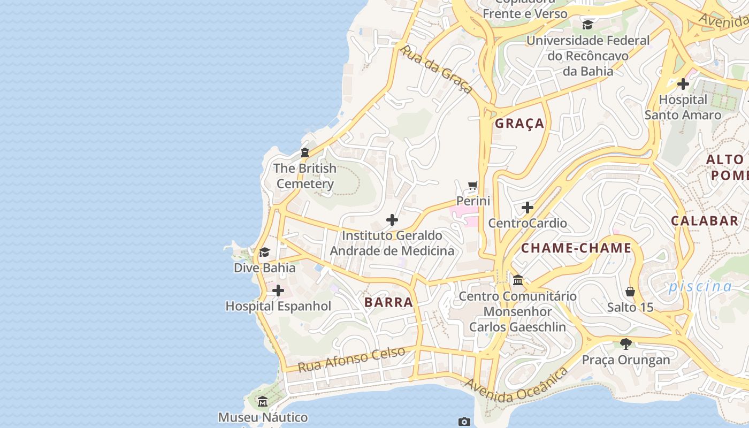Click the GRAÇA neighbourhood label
(519, 124)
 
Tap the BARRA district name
(388, 302)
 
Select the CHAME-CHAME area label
(576, 248)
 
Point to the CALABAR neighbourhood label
(705, 220)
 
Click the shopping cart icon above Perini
(473, 186)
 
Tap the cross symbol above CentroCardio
(528, 208)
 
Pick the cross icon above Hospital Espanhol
(278, 291)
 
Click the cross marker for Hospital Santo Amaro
(683, 84)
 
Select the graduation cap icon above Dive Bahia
(264, 252)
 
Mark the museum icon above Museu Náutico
(263, 401)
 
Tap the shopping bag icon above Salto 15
(630, 292)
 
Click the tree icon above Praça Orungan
(625, 343)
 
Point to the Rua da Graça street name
(436, 69)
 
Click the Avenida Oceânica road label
(516, 386)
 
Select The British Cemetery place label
(305, 176)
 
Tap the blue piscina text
(700, 286)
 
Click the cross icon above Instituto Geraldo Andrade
(392, 220)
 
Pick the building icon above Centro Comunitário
(518, 280)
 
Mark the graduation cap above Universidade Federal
(587, 25)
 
